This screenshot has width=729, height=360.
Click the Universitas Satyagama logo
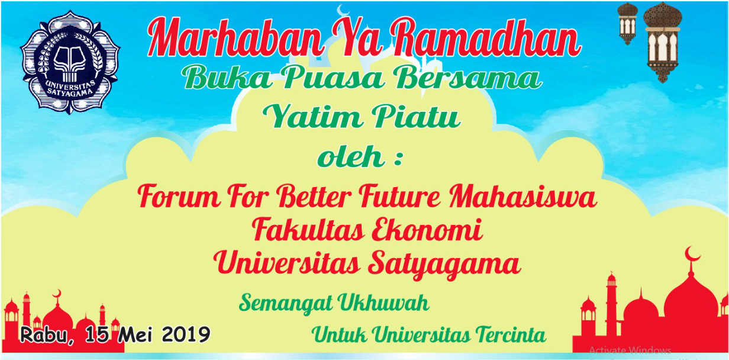[x=70, y=62]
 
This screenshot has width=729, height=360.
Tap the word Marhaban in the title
[x=236, y=38]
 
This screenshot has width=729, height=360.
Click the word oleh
[x=351, y=156]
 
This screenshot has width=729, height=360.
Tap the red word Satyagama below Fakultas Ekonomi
[x=444, y=265]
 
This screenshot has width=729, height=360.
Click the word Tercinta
[x=511, y=335]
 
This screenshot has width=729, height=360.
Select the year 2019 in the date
[x=186, y=335]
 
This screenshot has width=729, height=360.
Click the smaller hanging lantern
[x=627, y=24]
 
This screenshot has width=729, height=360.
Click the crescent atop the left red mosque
[x=57, y=293]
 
